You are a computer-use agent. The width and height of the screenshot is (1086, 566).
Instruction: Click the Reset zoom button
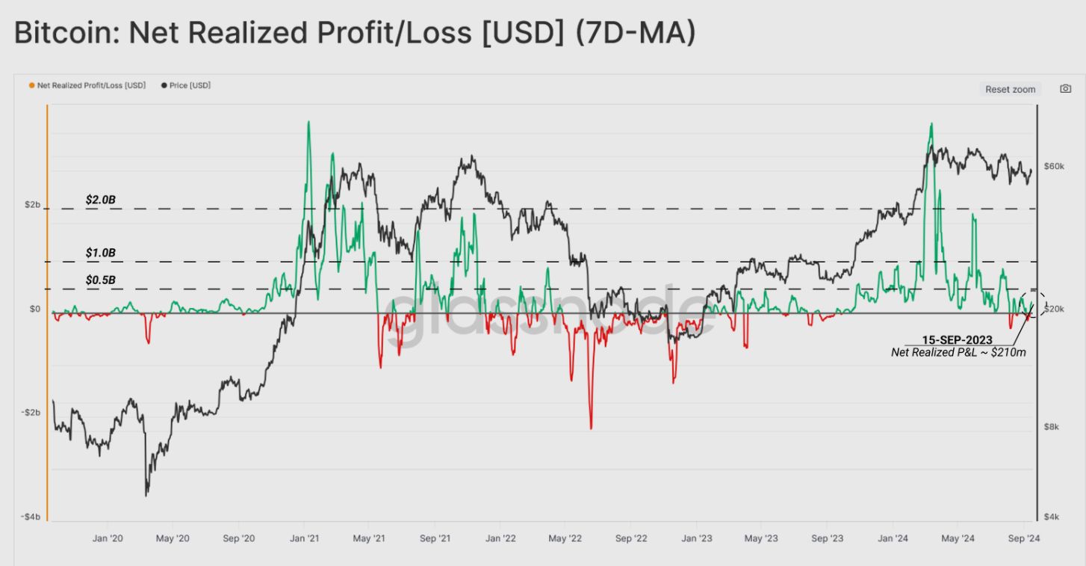[1010, 89]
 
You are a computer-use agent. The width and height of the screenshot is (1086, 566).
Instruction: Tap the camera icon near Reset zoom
[1066, 89]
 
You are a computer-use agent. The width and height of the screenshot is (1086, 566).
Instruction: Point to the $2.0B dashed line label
[100, 200]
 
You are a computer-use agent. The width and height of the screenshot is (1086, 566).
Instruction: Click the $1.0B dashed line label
[100, 253]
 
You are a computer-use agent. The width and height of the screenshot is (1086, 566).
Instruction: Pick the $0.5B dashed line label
[100, 280]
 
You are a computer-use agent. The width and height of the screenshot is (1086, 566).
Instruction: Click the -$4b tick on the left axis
[31, 517]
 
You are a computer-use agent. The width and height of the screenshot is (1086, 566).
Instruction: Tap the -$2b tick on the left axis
[31, 412]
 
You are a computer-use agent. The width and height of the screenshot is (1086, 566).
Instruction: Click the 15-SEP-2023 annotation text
[957, 340]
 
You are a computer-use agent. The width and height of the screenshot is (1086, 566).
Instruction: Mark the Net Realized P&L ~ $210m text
[958, 352]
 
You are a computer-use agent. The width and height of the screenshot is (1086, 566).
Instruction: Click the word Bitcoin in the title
[62, 34]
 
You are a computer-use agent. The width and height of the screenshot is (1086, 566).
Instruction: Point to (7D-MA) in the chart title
[635, 34]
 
